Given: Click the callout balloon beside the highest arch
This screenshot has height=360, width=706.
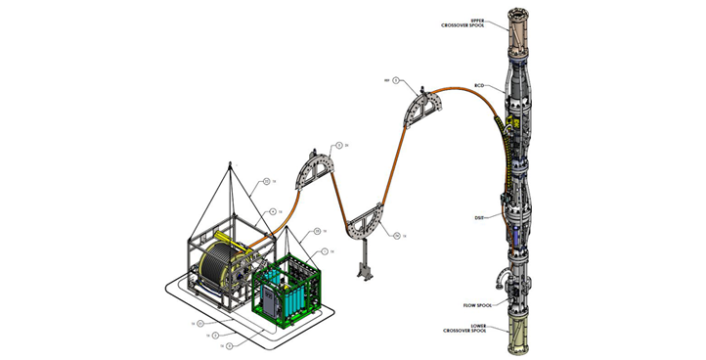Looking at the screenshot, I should coord(388,79).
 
